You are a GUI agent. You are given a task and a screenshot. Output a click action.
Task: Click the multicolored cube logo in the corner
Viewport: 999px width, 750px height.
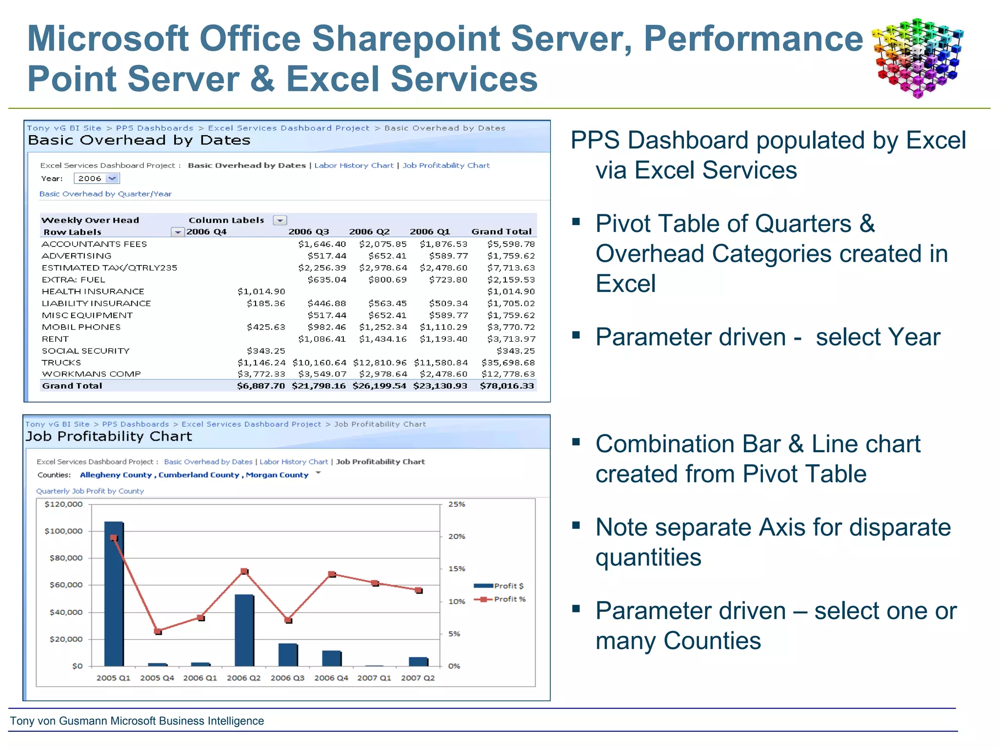(x=917, y=58)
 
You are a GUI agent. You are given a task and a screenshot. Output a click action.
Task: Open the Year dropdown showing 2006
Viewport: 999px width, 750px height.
(x=112, y=179)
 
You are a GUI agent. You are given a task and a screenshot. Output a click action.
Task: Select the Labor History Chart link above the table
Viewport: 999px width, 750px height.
(x=354, y=166)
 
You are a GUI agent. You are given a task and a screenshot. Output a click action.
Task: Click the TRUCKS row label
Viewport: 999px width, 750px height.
(x=61, y=362)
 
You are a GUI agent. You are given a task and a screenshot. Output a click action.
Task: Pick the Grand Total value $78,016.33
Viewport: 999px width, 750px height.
(x=507, y=386)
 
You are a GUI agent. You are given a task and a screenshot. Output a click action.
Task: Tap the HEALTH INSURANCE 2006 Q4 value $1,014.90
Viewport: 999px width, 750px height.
(x=261, y=292)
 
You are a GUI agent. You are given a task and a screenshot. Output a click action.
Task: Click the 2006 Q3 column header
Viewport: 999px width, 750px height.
(x=308, y=231)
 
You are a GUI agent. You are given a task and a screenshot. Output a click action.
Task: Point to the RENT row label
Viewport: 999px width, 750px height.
(x=55, y=339)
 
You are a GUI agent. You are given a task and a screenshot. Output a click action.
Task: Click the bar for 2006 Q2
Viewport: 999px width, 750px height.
(x=244, y=630)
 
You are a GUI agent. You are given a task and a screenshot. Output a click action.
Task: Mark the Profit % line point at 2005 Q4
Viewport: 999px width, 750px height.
(x=158, y=631)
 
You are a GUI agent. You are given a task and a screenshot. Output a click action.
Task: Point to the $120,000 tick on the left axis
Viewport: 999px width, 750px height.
(x=63, y=504)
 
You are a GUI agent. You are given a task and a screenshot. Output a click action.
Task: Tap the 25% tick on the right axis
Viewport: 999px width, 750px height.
(x=457, y=504)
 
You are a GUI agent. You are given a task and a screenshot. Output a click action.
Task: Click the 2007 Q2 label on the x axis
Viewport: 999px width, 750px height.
(x=418, y=678)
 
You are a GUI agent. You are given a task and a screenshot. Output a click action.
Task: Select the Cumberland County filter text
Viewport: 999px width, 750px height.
(x=199, y=475)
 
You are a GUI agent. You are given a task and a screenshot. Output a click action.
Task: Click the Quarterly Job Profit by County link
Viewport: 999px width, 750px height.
(x=90, y=491)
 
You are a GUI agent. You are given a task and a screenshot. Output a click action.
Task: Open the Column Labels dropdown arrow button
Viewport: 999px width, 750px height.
(x=280, y=220)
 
